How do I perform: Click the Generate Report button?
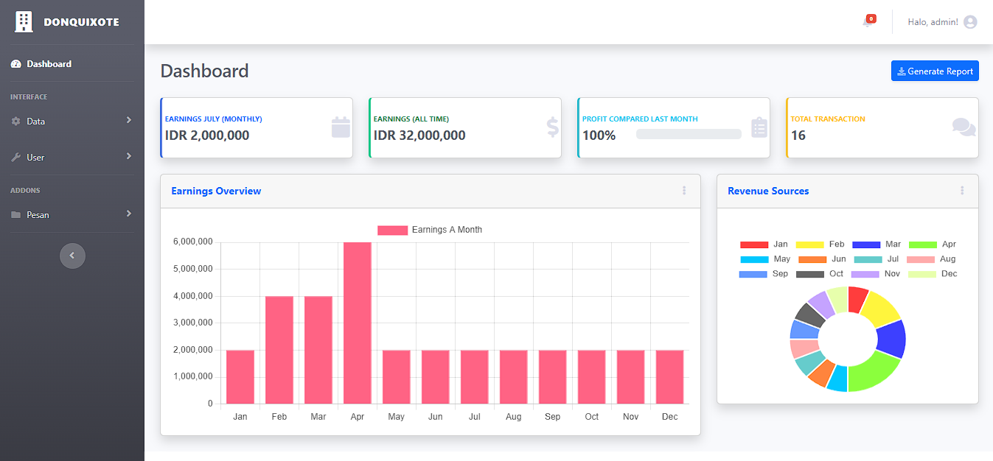(935, 71)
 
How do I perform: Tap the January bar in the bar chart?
(240, 376)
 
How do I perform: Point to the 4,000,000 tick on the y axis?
(193, 296)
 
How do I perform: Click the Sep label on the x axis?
(552, 417)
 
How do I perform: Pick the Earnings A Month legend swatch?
(392, 230)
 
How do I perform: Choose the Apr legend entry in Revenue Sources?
(932, 244)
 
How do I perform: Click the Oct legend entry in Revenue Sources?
(819, 274)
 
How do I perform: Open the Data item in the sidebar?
(36, 122)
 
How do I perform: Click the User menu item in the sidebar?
(35, 158)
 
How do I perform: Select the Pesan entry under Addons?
(38, 215)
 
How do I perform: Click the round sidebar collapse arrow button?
(72, 256)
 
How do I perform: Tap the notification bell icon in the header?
(868, 22)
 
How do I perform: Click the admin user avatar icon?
(970, 22)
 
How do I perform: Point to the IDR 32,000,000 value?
(419, 136)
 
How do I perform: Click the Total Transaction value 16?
(798, 136)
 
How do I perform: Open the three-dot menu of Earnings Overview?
(684, 191)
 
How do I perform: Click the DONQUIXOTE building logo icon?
(24, 22)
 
